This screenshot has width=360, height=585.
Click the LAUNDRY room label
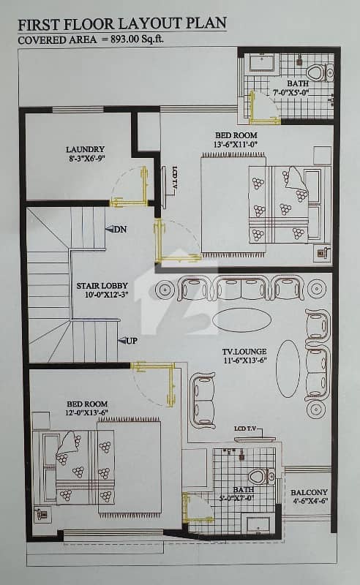pyautogui.click(x=85, y=150)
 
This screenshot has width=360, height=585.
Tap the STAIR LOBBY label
pyautogui.click(x=102, y=286)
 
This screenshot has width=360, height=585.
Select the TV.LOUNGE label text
pyautogui.click(x=244, y=352)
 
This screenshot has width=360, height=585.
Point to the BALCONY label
pyautogui.click(x=310, y=492)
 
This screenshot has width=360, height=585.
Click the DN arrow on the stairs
pyautogui.click(x=109, y=230)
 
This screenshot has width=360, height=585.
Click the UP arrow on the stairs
pyautogui.click(x=121, y=341)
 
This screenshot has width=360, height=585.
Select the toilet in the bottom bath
pyautogui.click(x=261, y=477)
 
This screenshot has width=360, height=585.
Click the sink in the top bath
pyautogui.click(x=262, y=62)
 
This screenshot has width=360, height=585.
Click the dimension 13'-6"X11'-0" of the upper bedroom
pyautogui.click(x=236, y=144)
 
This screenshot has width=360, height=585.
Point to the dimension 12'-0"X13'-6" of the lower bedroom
pyautogui.click(x=87, y=412)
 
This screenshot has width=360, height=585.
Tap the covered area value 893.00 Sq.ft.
pyautogui.click(x=137, y=39)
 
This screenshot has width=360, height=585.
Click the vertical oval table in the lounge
pyautogui.click(x=288, y=369)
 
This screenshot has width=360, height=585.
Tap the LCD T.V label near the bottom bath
pyautogui.click(x=245, y=429)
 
